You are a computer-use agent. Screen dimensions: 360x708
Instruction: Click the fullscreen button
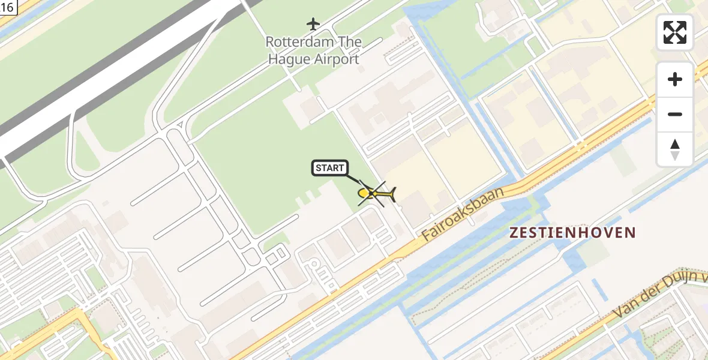[675, 32]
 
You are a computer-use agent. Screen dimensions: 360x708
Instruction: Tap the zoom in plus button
[675, 79]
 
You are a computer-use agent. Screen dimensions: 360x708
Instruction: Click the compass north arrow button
[675, 149]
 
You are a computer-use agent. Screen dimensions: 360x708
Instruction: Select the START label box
[329, 168]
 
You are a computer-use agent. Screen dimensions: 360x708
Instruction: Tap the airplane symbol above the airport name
[313, 24]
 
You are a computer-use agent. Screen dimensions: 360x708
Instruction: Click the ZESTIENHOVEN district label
[572, 233]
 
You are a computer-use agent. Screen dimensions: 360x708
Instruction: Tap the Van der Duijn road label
[660, 294]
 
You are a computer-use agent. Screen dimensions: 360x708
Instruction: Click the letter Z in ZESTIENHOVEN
[514, 233]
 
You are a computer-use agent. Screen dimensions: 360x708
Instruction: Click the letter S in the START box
[319, 168]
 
